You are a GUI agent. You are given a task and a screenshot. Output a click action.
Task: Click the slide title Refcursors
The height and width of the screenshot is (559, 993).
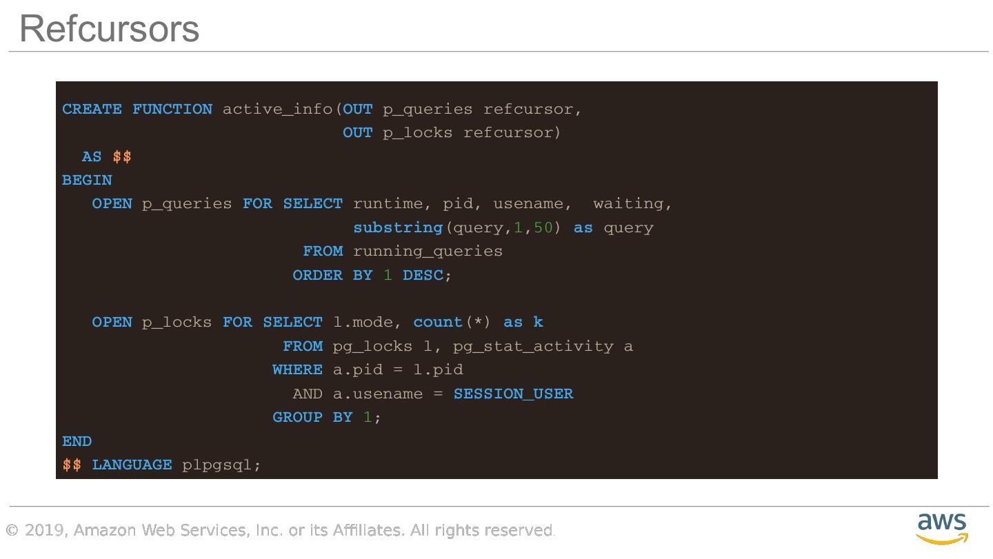point(109,29)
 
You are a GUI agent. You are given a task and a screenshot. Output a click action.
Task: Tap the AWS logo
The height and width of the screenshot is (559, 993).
point(942,528)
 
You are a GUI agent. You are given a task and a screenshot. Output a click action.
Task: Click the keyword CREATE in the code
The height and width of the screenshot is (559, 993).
point(92,109)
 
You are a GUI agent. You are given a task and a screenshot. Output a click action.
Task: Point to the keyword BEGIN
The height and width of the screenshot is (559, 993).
point(87,180)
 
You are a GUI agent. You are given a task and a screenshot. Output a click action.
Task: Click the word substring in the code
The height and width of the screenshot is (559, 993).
point(398,227)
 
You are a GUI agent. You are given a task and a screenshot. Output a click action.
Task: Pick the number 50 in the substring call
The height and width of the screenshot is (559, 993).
point(543,227)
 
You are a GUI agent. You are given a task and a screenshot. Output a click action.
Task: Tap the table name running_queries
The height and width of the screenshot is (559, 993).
point(428,251)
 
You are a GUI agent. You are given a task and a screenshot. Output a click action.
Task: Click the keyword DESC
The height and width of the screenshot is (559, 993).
point(423,275)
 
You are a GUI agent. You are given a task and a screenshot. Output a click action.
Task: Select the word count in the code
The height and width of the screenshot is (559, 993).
point(438,322)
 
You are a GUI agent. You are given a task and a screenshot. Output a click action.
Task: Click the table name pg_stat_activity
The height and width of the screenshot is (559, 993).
point(533,346)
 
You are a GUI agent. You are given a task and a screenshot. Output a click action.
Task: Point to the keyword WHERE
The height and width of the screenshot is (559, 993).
point(297,369)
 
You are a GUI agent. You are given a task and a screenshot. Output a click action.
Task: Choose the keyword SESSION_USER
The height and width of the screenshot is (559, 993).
point(513,394)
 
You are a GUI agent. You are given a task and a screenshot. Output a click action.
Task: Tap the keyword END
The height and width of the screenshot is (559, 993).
point(77,441)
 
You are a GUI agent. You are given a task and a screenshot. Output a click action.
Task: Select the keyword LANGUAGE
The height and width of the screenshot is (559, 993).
point(132,465)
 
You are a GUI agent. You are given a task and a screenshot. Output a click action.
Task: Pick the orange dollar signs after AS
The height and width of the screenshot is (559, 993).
point(122,156)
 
